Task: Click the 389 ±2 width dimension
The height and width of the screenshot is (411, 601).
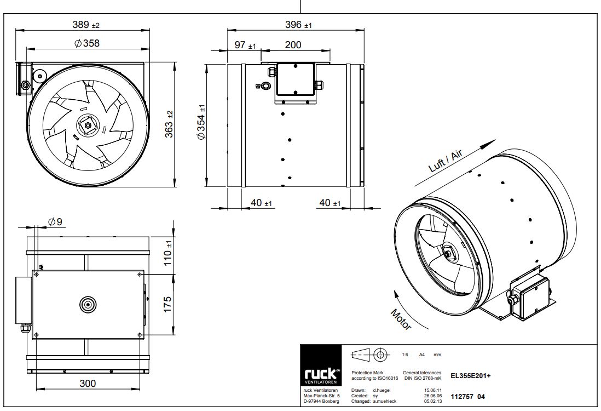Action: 86,25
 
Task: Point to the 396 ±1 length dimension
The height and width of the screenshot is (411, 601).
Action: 298,25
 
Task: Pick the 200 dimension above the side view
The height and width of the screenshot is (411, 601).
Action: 293,45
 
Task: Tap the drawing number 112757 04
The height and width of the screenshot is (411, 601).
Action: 467,396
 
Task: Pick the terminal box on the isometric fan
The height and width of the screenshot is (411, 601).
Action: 530,296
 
